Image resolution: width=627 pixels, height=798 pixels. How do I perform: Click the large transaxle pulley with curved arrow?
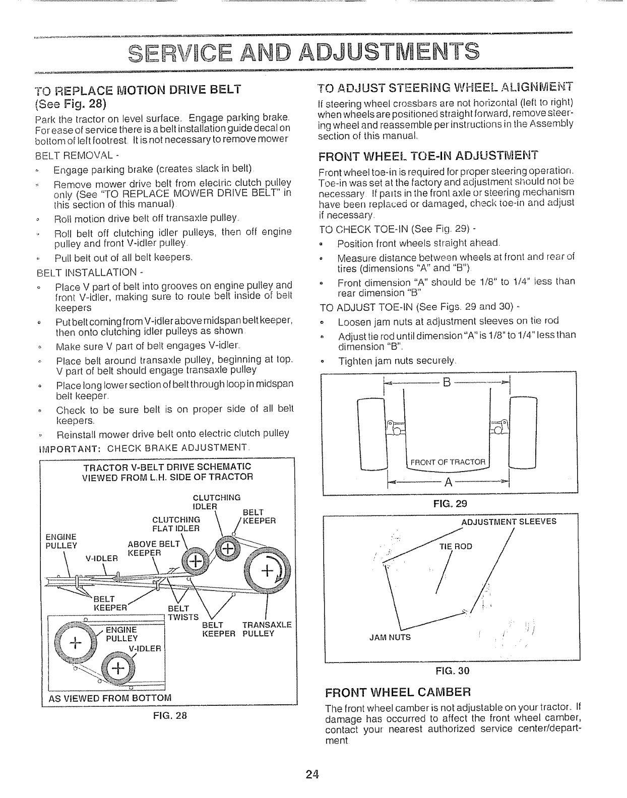pyautogui.click(x=266, y=570)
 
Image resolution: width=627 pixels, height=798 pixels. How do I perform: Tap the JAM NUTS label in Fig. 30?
pyautogui.click(x=390, y=637)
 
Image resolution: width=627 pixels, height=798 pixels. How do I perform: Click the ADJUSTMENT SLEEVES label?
pyautogui.click(x=509, y=521)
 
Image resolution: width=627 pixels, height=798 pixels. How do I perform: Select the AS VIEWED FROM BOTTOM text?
pyautogui.click(x=110, y=698)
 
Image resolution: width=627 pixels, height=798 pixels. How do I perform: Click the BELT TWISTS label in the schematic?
pyautogui.click(x=177, y=613)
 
